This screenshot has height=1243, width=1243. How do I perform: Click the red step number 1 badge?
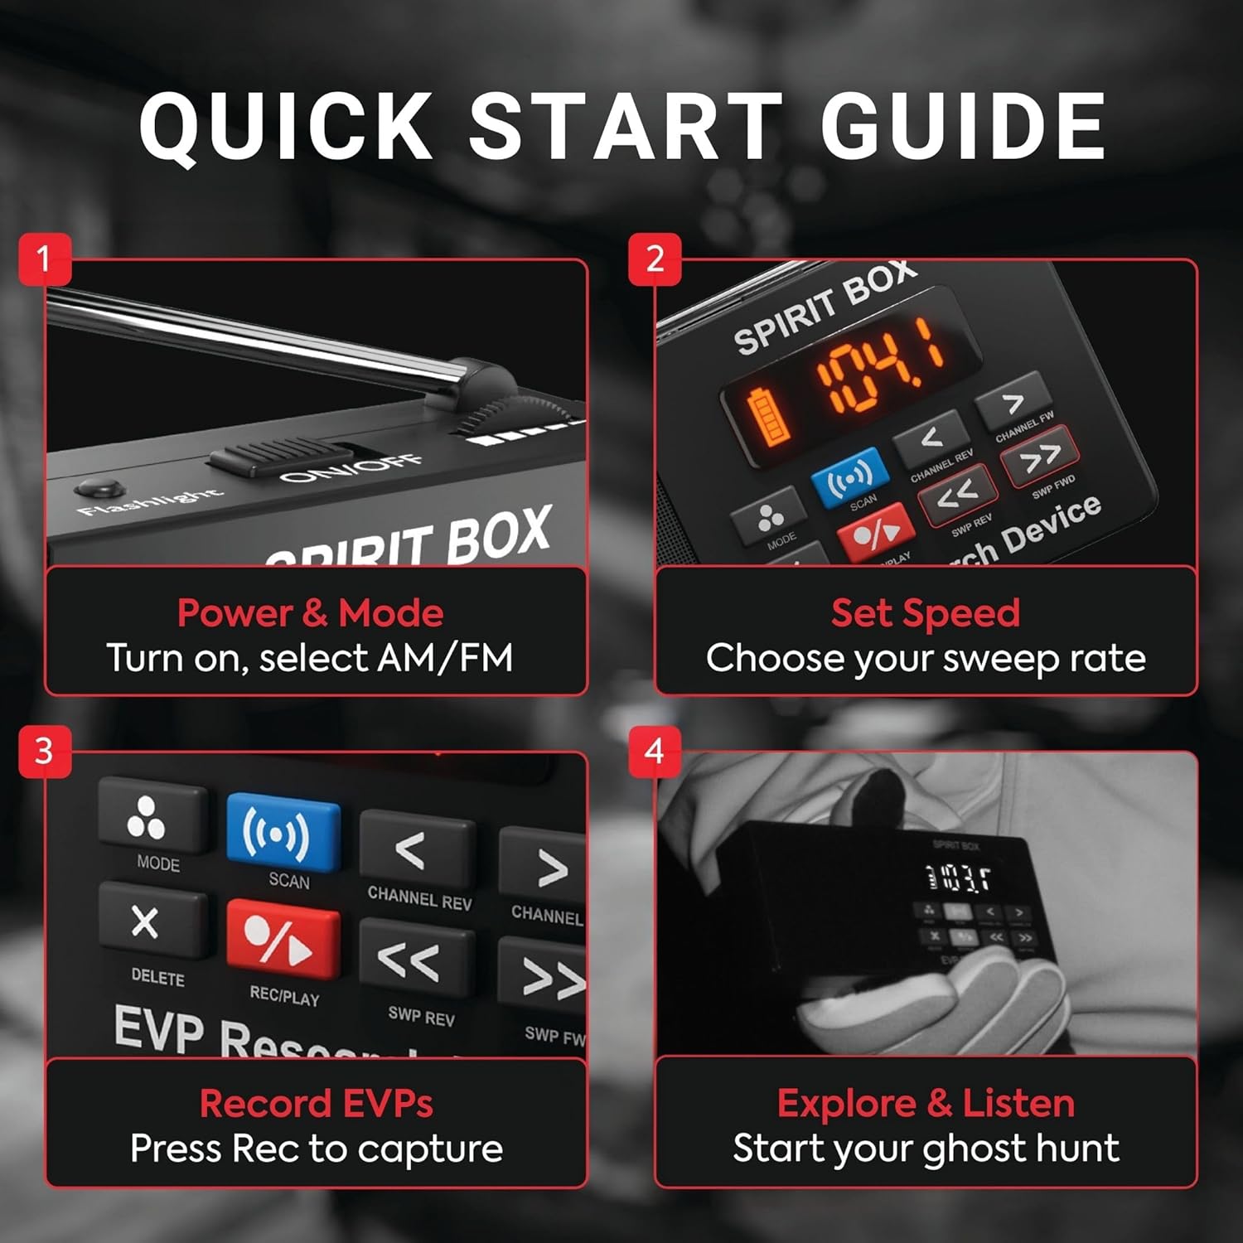pyautogui.click(x=45, y=259)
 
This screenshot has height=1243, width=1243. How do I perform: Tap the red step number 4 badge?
pyautogui.click(x=655, y=752)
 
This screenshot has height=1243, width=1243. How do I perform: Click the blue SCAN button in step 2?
pyautogui.click(x=849, y=477)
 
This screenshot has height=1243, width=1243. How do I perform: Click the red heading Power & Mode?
pyautogui.click(x=310, y=613)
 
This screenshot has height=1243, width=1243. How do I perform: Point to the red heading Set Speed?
pyautogui.click(x=925, y=613)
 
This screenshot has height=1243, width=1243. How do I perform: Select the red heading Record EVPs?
pyautogui.click(x=316, y=1104)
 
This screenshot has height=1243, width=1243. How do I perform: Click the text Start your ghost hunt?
pyautogui.click(x=925, y=1149)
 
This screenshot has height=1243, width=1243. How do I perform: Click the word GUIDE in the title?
pyautogui.click(x=963, y=126)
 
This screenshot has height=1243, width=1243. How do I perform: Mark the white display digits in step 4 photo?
pyautogui.click(x=958, y=878)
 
